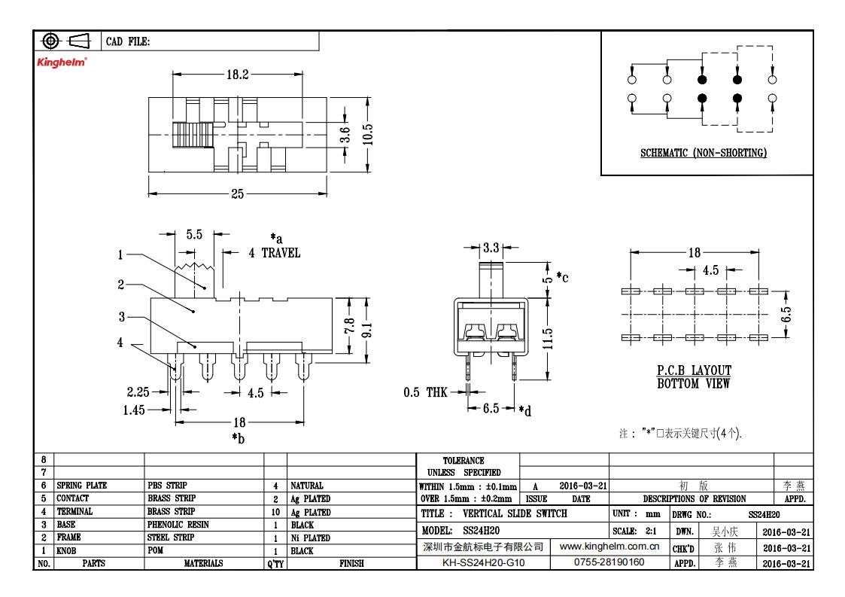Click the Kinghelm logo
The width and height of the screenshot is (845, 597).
point(62,62)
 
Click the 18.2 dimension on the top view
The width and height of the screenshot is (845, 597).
point(238,75)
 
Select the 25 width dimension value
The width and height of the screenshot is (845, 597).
point(238,193)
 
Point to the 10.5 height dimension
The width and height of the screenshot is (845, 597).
point(367,134)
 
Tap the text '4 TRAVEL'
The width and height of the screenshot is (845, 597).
point(275,252)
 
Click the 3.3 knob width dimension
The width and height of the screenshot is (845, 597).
point(491,248)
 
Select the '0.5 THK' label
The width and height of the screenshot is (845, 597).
point(425,392)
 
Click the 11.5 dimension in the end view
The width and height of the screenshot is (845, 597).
point(548,339)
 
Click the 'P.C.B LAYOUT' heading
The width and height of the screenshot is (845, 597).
point(694,370)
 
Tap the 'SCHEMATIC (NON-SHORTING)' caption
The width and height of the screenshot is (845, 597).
point(704,153)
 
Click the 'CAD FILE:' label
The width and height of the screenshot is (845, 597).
point(128,41)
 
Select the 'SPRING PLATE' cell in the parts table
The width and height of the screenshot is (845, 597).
point(82,486)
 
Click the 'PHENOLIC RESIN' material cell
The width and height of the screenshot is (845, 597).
point(178,524)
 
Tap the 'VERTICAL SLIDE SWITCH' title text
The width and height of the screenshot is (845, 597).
point(515,513)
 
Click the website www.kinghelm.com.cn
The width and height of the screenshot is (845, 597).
point(609,547)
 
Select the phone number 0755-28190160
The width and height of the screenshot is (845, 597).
point(609,562)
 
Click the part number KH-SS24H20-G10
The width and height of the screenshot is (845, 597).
point(483,562)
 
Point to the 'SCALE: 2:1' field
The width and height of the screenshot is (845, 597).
point(634,531)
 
